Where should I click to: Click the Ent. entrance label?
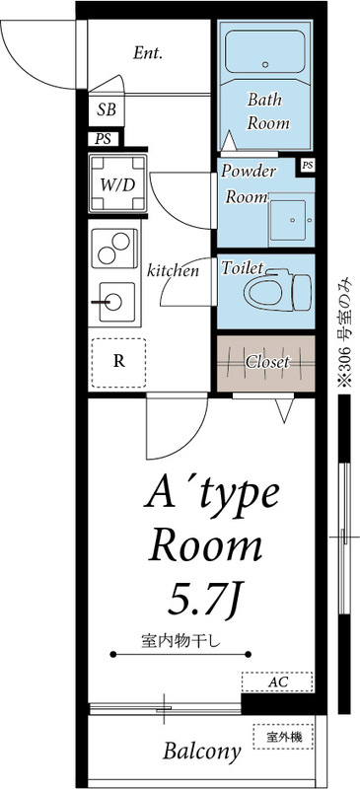(148, 53)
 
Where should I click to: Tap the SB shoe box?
(107, 109)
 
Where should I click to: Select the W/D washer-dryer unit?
(117, 183)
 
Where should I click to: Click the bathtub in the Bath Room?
(264, 52)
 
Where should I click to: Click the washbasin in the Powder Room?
(288, 220)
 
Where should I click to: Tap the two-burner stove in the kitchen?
(114, 249)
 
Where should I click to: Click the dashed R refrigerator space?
(118, 362)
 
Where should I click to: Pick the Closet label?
(267, 362)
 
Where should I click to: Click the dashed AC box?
(277, 682)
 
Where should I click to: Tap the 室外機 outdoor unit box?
(283, 737)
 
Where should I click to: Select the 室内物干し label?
(181, 642)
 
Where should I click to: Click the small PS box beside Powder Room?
(308, 165)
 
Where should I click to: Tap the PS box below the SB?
(104, 139)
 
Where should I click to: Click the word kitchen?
(173, 271)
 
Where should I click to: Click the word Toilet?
(243, 267)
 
